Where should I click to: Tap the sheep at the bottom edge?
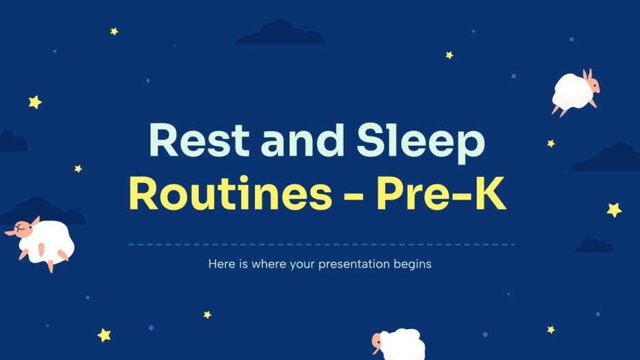400,344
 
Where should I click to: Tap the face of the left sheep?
26,227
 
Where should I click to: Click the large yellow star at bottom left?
105,335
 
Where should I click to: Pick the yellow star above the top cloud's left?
114,31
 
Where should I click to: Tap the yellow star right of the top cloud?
449,55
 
